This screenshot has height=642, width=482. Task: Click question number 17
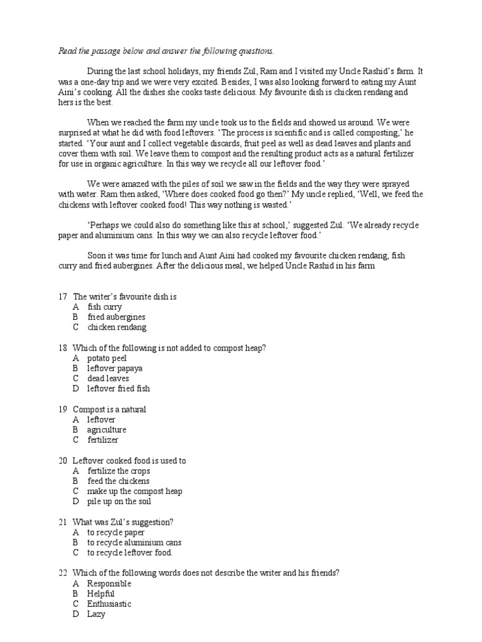[x=62, y=297]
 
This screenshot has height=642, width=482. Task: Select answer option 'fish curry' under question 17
[x=104, y=307]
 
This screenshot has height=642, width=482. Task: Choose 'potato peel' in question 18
[x=107, y=358]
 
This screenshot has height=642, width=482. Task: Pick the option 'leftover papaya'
[x=115, y=368]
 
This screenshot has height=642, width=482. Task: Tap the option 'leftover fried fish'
[x=119, y=389]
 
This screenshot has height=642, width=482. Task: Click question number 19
[x=62, y=409]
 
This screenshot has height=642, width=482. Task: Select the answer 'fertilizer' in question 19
[x=102, y=440]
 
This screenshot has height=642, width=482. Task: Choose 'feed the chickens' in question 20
[x=118, y=481]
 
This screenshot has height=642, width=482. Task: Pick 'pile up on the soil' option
[x=119, y=502]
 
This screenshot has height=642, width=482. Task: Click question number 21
[x=62, y=522]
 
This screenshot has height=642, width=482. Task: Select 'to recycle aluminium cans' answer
[x=134, y=542]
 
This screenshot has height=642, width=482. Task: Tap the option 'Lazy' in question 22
[x=96, y=614]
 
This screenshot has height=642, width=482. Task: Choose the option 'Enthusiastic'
[x=109, y=604]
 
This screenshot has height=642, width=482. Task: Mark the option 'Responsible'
[x=109, y=584]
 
